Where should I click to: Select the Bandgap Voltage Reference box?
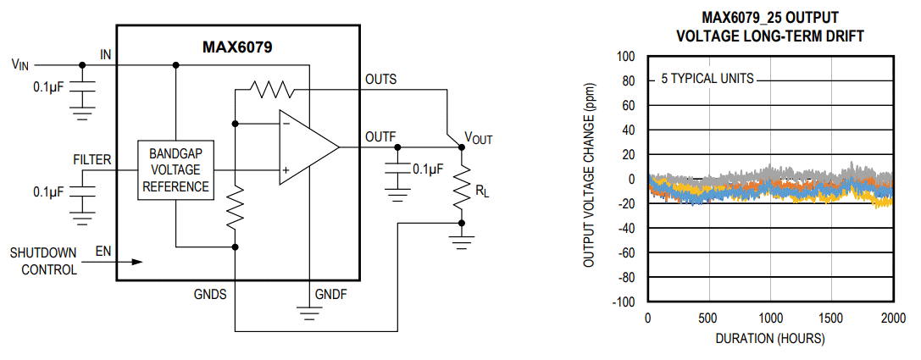176,170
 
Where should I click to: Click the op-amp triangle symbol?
306,147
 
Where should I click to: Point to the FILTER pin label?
92,159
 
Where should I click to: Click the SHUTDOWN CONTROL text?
43,262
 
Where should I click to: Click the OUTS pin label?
380,79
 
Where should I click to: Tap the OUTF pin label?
380,136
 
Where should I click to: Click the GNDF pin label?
331,294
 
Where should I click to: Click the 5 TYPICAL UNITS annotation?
707,79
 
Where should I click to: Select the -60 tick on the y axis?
624,253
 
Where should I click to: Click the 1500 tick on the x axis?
831,318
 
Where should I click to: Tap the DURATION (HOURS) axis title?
769,338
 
